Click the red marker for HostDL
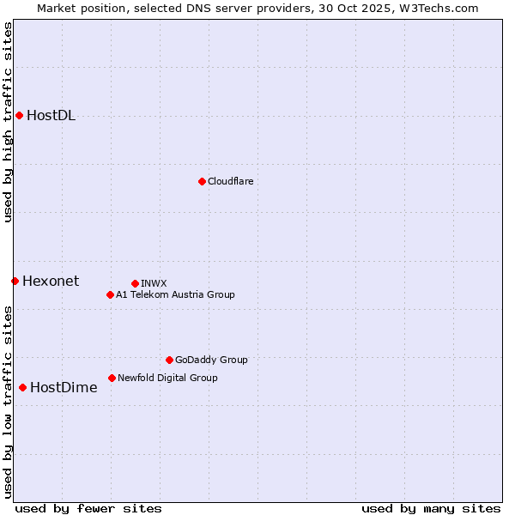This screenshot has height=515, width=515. click(x=19, y=115)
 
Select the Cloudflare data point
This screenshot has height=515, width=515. click(x=202, y=181)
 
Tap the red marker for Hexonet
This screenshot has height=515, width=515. click(x=15, y=281)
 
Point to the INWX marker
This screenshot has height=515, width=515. click(x=135, y=283)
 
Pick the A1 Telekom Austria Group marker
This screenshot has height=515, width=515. click(x=110, y=294)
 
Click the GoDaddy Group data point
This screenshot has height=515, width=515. click(x=169, y=360)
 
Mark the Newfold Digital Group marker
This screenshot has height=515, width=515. click(x=112, y=378)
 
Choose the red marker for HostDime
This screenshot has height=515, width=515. click(x=22, y=387)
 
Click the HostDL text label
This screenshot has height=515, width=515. click(x=51, y=116)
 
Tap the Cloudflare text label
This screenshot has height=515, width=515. click(x=230, y=181)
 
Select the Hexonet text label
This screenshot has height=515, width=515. click(x=51, y=281)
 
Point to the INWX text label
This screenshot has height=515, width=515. click(x=154, y=283)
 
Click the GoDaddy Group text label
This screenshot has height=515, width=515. click(x=211, y=360)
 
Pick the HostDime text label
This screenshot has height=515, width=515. click(x=64, y=387)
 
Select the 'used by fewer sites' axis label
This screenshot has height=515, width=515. click(x=88, y=508)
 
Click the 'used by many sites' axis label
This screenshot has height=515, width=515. click(x=431, y=508)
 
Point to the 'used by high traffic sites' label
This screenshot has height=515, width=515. click(x=8, y=123)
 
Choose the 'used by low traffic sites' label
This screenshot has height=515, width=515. click(x=8, y=402)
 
